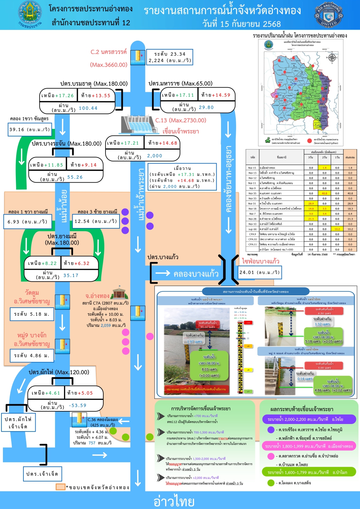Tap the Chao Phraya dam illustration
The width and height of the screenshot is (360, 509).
(136, 125)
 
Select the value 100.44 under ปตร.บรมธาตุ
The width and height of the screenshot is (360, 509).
(88, 108)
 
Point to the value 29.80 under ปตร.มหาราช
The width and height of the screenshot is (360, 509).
(206, 107)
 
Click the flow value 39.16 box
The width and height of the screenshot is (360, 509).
(30, 130)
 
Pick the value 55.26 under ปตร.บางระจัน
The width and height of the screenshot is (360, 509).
(75, 177)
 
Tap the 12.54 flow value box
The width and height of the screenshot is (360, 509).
(95, 221)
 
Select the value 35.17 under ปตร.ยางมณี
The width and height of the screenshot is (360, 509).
(71, 276)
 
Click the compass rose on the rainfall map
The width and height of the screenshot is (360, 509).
(332, 57)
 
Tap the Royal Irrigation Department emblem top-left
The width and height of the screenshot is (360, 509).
(30, 14)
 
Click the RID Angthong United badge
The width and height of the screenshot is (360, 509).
(328, 15)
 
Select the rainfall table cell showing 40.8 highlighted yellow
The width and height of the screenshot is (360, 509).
(324, 193)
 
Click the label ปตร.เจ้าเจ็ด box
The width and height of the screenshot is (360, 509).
(42, 474)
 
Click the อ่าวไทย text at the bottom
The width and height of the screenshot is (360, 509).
(174, 501)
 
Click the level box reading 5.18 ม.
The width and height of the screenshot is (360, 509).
(32, 314)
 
